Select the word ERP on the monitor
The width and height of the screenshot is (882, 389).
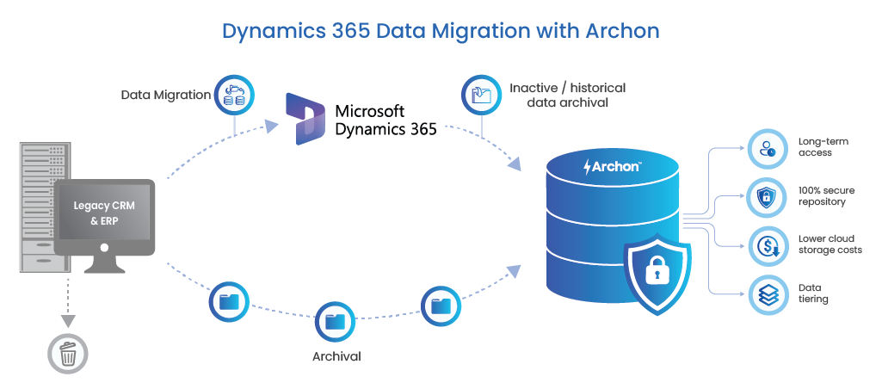point(109,221)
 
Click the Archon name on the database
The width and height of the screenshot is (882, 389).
point(617,166)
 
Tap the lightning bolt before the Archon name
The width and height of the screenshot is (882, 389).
point(589,166)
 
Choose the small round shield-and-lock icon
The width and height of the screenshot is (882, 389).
point(765,198)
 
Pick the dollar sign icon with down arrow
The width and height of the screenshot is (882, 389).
point(765,246)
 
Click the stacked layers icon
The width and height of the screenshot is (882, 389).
point(765,294)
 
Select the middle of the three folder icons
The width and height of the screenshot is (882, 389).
point(334,322)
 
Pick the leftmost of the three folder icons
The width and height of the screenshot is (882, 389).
point(229,302)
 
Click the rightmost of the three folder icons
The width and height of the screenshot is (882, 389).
point(441,306)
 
